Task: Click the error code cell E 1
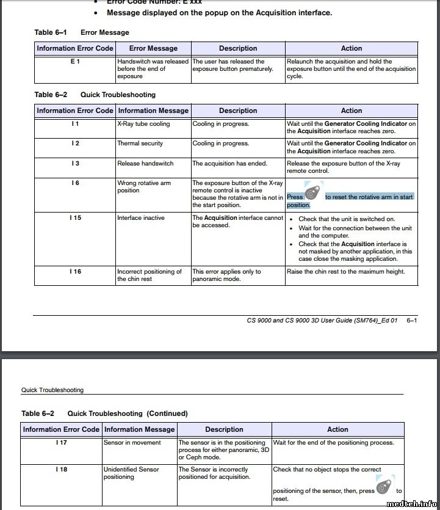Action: [75, 62]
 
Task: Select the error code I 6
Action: [75, 183]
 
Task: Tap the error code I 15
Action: [75, 218]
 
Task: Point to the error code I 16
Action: [75, 272]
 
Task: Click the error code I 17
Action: [61, 443]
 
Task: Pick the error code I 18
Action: [61, 470]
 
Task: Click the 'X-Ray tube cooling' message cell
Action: [143, 124]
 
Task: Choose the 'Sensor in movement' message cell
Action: [132, 443]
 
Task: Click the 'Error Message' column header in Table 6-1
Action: [153, 48]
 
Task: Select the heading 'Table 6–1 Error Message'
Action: [82, 32]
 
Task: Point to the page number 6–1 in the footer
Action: [411, 320]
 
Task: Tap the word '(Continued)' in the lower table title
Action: [167, 413]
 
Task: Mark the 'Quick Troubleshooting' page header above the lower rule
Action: [52, 390]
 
